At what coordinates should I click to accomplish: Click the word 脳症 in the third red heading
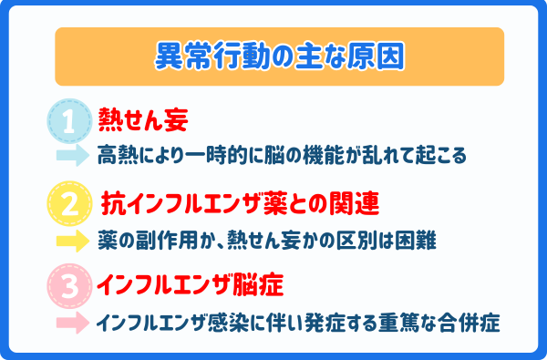click(259, 284)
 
